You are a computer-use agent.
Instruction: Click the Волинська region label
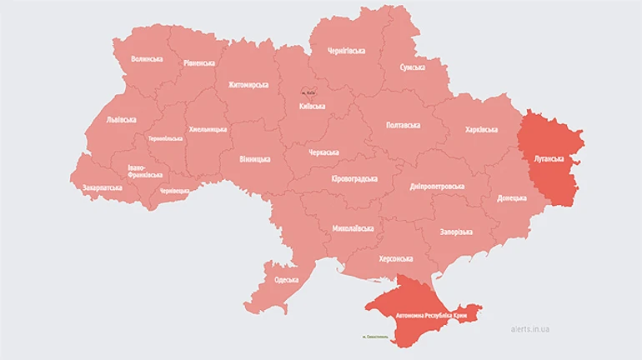[147, 59]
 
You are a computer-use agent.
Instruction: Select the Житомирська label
[249, 85]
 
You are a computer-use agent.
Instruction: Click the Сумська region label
[412, 67]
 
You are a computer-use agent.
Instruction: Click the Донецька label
[512, 198]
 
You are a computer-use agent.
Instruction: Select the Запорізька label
[457, 232]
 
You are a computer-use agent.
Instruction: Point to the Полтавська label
[403, 125]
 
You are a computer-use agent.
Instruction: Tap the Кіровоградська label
[354, 179]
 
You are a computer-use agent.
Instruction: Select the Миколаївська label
[353, 227]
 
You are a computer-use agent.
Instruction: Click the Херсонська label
[396, 259]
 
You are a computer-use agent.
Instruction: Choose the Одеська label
[286, 279]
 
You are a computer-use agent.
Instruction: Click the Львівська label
[122, 119]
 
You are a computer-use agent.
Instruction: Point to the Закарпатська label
[103, 187]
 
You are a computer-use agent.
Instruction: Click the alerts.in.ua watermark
[530, 329]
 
